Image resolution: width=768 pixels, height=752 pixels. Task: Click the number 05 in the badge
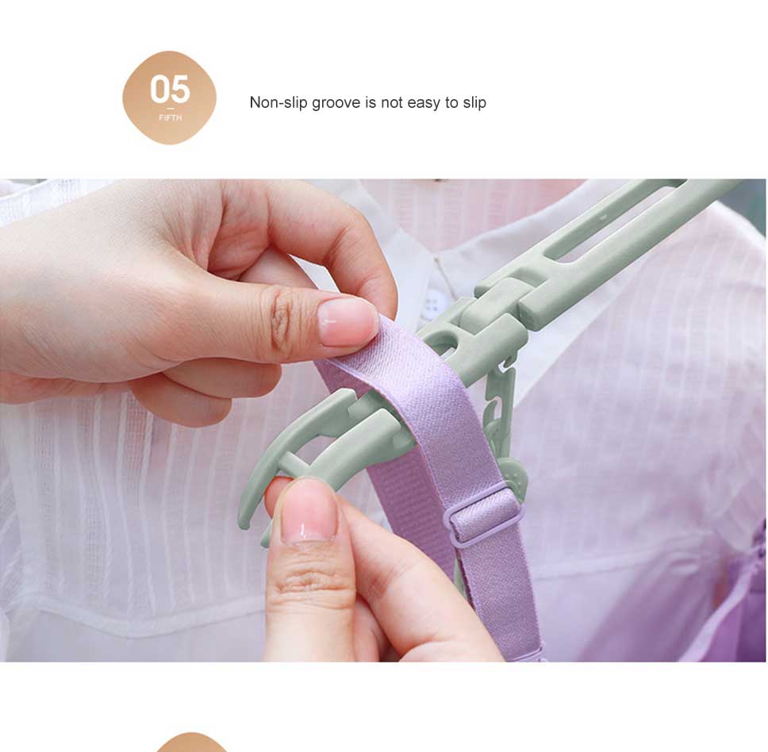coord(170,89)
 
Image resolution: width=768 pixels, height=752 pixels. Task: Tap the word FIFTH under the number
coord(170,117)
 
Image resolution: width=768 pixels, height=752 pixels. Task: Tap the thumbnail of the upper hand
coord(346,321)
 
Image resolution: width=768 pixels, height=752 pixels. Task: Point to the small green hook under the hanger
coord(500,397)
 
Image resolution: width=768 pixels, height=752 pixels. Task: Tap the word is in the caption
coord(371,102)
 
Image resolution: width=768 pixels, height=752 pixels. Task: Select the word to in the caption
coord(451,103)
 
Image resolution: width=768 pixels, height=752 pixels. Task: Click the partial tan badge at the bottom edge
coord(192,742)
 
